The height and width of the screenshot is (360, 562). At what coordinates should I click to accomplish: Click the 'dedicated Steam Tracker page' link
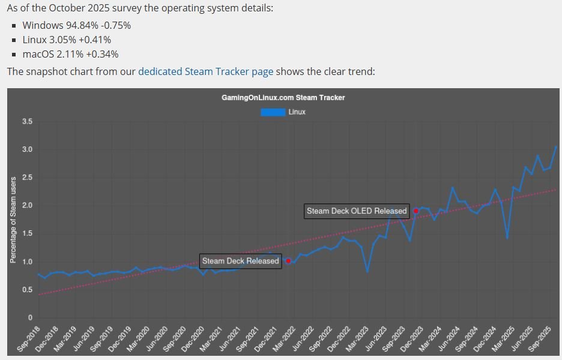tap(205, 71)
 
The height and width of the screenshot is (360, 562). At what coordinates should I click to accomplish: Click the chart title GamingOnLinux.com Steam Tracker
tap(283, 97)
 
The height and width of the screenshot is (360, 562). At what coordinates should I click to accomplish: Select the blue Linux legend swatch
tap(273, 112)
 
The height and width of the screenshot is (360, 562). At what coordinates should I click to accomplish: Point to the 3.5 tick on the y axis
tap(26, 122)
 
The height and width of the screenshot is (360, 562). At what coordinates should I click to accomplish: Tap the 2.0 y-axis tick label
tap(26, 206)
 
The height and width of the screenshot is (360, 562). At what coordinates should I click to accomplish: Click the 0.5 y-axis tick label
tap(26, 290)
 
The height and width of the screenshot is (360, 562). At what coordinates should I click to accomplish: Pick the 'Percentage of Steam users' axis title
tap(13, 220)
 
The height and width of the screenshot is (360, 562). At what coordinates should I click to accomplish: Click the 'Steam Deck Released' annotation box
tap(240, 261)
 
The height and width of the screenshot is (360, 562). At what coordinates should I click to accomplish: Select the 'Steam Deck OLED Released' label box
tap(357, 211)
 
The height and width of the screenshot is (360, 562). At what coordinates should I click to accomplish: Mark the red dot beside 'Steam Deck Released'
tap(288, 261)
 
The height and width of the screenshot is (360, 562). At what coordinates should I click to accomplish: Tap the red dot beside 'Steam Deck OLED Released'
tap(416, 211)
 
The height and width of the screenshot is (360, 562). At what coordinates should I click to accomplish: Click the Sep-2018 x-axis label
tap(29, 340)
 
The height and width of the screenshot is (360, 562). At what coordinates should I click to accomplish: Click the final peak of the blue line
tap(556, 146)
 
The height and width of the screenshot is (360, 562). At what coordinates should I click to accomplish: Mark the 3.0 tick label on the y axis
tap(26, 149)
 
